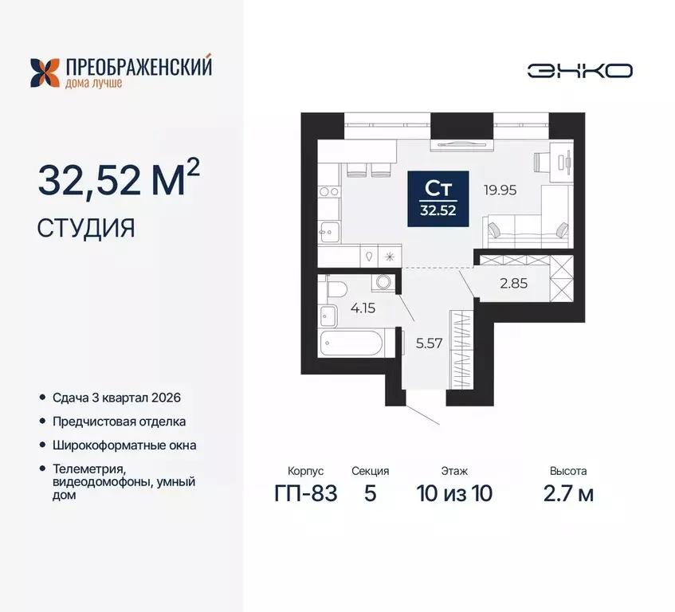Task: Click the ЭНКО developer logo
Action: (579, 70)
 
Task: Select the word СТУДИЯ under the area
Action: (86, 228)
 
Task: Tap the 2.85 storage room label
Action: (514, 283)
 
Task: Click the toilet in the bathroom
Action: (334, 287)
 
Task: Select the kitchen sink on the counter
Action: (328, 231)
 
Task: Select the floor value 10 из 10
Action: (454, 494)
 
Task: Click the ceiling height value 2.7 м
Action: (567, 494)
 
